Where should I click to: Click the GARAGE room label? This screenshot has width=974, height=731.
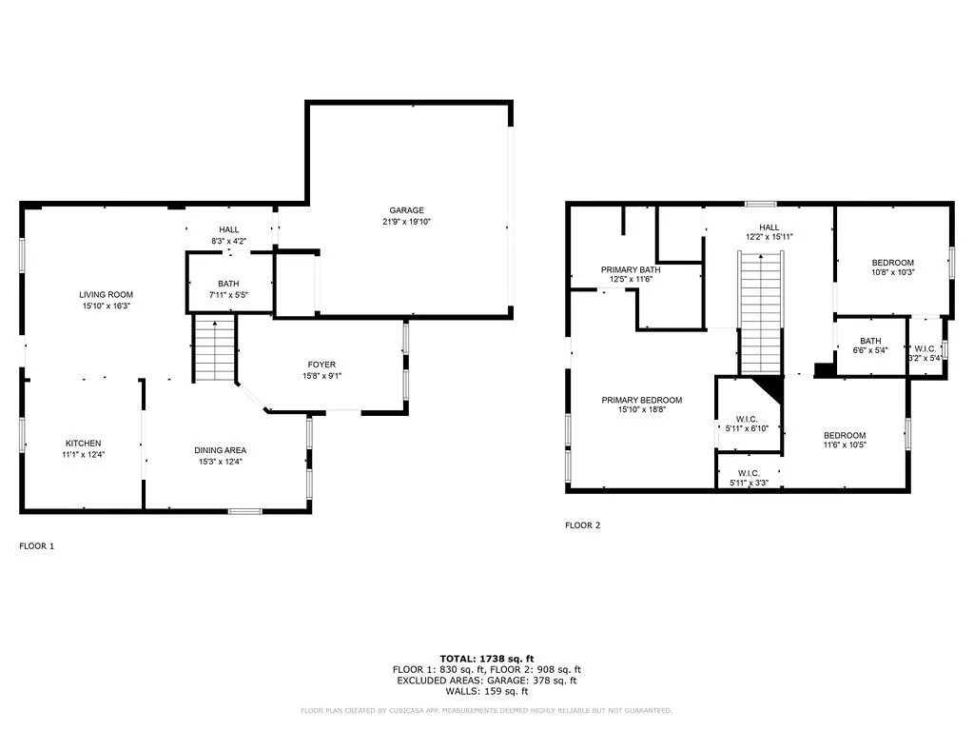tap(406, 210)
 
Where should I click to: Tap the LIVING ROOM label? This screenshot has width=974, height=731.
tap(106, 295)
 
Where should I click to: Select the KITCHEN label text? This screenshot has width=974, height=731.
tap(83, 444)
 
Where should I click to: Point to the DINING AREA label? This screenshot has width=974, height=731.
tap(221, 450)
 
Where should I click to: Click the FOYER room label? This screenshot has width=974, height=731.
tap(321, 365)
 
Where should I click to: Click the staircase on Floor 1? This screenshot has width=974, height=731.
tap(215, 348)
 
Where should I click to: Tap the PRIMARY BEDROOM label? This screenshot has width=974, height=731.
tap(641, 401)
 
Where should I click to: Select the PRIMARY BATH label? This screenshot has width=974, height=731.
tap(631, 269)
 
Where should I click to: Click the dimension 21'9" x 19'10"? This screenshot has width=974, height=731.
tap(406, 222)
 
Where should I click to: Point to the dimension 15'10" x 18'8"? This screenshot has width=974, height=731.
tap(641, 412)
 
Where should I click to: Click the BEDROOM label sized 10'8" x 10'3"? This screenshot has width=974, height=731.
tap(892, 263)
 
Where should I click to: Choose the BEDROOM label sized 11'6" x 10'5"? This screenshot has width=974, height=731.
tap(845, 435)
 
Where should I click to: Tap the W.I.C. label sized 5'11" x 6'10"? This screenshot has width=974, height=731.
tap(747, 418)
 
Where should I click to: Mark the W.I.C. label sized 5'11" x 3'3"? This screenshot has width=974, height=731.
tap(748, 473)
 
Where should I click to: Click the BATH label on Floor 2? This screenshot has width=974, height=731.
tap(870, 341)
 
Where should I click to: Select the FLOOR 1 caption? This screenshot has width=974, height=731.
tap(37, 546)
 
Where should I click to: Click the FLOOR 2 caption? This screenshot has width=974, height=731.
tap(582, 525)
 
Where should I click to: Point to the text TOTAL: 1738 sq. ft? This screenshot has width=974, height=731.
tap(486, 659)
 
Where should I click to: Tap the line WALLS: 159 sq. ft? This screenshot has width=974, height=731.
tap(486, 691)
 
